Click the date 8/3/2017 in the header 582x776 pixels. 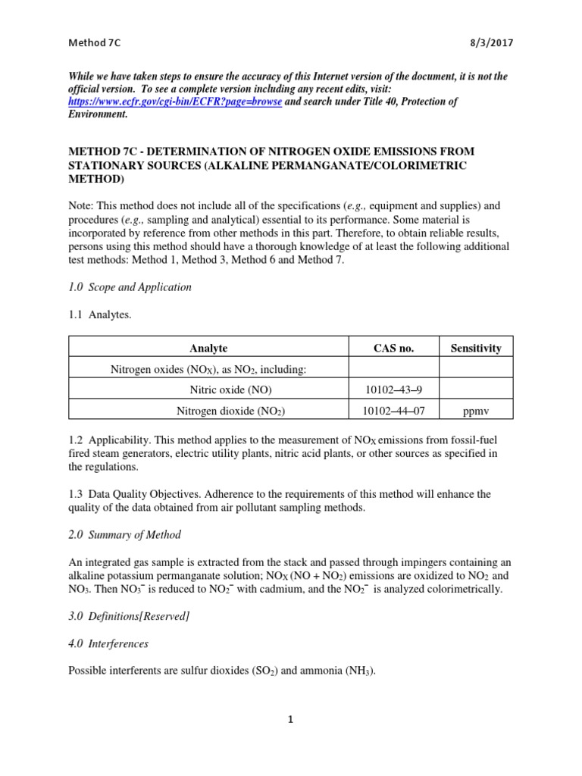coord(491,43)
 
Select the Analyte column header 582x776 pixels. coord(208,349)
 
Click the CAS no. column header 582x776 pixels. coord(393,349)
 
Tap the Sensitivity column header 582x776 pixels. coord(476,349)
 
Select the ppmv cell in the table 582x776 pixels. coord(476,411)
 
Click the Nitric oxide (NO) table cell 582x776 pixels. coord(230,390)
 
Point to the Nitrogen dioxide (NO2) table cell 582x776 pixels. coord(230,411)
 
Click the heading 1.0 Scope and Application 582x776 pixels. coord(130,287)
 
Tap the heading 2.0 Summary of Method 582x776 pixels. coord(124,535)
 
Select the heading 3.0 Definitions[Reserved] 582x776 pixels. coord(129,616)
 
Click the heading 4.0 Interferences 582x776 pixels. coord(108,644)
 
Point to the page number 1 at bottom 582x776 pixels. coord(290,720)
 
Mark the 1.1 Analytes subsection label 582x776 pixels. coord(100,315)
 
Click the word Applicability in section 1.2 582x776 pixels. coord(120,440)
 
